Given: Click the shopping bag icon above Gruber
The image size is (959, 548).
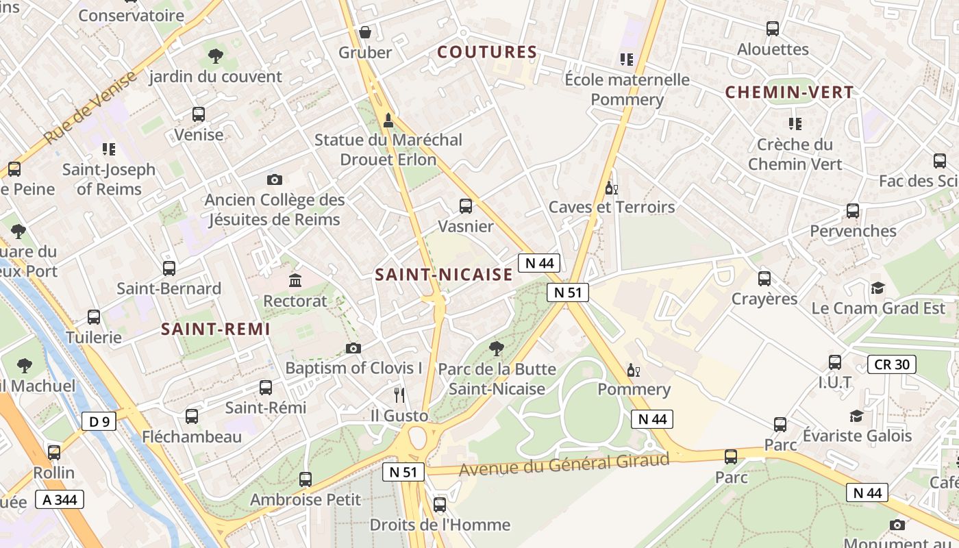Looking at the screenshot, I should [365, 32].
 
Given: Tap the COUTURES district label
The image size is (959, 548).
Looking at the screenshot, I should [487, 52].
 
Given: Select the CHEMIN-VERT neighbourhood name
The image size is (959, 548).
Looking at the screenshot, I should [789, 92].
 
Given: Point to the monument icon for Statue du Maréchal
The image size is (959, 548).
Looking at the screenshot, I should [388, 121].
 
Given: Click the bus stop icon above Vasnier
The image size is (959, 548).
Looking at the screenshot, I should [466, 206].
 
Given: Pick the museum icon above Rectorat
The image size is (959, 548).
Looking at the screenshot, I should [295, 280].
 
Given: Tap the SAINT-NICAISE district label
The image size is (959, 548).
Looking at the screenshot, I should [444, 275].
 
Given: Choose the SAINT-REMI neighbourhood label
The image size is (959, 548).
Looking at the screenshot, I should [216, 329].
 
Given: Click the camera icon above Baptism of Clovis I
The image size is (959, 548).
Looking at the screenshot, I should [353, 348].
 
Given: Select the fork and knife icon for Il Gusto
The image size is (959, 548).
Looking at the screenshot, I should [400, 395].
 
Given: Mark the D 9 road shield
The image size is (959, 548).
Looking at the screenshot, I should [99, 421].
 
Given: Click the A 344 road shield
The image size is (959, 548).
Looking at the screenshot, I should [60, 499].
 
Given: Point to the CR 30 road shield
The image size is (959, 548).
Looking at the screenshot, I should [892, 364].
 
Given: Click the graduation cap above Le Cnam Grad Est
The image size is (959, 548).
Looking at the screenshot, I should [877, 288].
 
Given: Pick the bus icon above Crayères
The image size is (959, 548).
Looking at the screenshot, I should [764, 279].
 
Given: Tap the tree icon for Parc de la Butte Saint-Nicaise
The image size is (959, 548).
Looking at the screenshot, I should [497, 349].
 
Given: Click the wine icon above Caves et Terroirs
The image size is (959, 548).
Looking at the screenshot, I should [611, 188].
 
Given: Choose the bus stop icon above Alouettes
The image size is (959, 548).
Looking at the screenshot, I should [773, 29].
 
